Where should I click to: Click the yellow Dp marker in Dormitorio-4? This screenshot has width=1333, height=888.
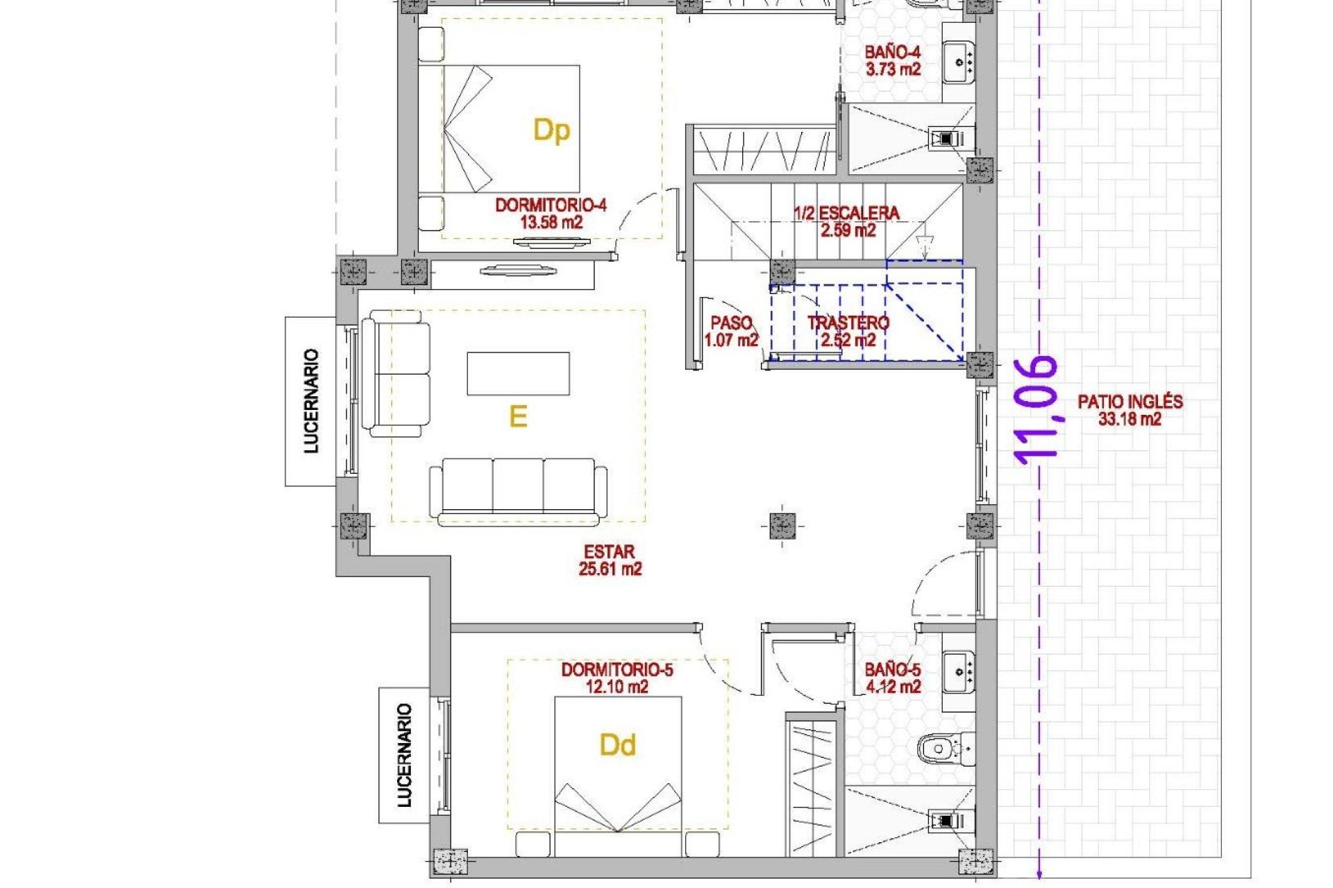point(551,130)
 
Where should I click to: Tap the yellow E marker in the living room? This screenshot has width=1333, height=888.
point(518,416)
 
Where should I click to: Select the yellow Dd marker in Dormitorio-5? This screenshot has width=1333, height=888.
point(617,745)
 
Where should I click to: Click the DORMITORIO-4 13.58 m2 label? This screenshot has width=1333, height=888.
point(551,214)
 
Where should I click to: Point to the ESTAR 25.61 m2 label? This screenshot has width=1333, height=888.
point(610,561)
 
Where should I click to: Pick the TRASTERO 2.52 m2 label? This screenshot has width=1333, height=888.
point(848,332)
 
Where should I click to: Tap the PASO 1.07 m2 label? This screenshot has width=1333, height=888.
point(731,332)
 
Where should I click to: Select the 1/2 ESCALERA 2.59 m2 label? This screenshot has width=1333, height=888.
point(847,222)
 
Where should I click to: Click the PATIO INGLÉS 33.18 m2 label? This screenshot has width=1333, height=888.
point(1130,410)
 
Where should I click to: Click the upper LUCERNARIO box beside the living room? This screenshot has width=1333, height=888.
point(310,401)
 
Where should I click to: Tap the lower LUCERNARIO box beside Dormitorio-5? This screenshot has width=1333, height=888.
point(404,755)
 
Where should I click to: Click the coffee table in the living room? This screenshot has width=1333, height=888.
point(518,373)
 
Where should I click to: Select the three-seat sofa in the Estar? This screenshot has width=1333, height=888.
point(518,490)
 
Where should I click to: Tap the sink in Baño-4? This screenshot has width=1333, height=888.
point(959,62)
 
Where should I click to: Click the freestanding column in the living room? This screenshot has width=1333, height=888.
point(782,526)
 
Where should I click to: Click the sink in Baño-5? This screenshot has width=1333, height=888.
point(959,672)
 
